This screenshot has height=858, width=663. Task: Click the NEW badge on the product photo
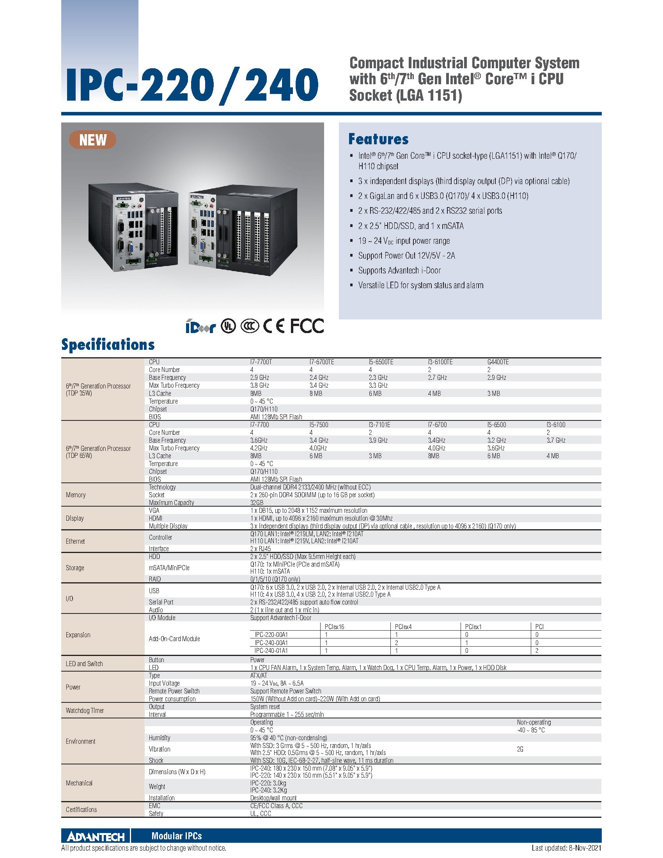[93, 140]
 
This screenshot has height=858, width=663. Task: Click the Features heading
[378, 139]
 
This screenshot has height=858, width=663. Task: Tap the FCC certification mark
[307, 326]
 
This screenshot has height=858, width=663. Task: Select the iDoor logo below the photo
[201, 326]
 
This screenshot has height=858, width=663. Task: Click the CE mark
[274, 326]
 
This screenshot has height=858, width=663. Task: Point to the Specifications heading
[108, 344]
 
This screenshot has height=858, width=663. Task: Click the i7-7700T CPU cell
[261, 362]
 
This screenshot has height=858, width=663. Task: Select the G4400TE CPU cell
[498, 362]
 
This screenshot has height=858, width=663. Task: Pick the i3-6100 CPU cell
[556, 425]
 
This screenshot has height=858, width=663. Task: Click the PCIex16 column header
[334, 627]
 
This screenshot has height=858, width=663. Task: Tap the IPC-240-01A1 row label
[271, 651]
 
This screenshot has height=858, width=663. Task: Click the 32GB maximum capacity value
[257, 502]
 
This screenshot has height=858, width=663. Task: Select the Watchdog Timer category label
[85, 710]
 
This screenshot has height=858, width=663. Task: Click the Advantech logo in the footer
[96, 837]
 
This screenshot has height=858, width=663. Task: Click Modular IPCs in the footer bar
[176, 837]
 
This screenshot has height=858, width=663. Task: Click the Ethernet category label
[75, 541]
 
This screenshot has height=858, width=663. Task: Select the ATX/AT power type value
[259, 675]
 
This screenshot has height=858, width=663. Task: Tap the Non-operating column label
[534, 722]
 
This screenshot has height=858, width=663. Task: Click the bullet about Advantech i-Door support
[399, 270]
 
